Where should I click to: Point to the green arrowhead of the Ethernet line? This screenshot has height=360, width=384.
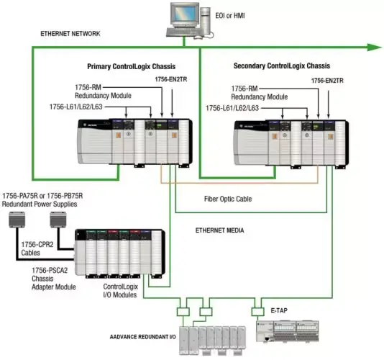point(372,48)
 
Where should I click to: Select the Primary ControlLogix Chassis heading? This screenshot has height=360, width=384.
point(134,66)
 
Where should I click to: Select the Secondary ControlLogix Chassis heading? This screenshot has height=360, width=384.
point(281,66)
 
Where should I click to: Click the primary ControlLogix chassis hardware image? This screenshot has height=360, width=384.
point(137,141)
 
